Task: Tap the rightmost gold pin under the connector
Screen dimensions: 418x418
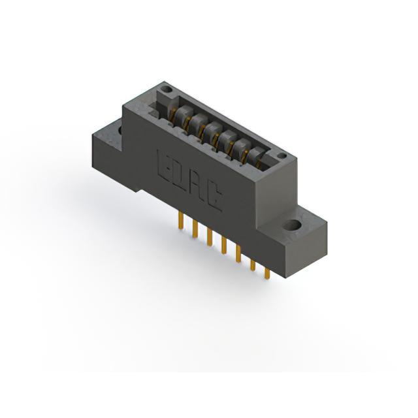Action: pos(266,273)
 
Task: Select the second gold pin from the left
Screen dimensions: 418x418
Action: pos(195,229)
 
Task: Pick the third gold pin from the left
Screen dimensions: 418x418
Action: pos(210,237)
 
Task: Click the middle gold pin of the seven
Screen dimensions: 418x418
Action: pos(224,246)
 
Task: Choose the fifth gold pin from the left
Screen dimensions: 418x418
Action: pos(238,254)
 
